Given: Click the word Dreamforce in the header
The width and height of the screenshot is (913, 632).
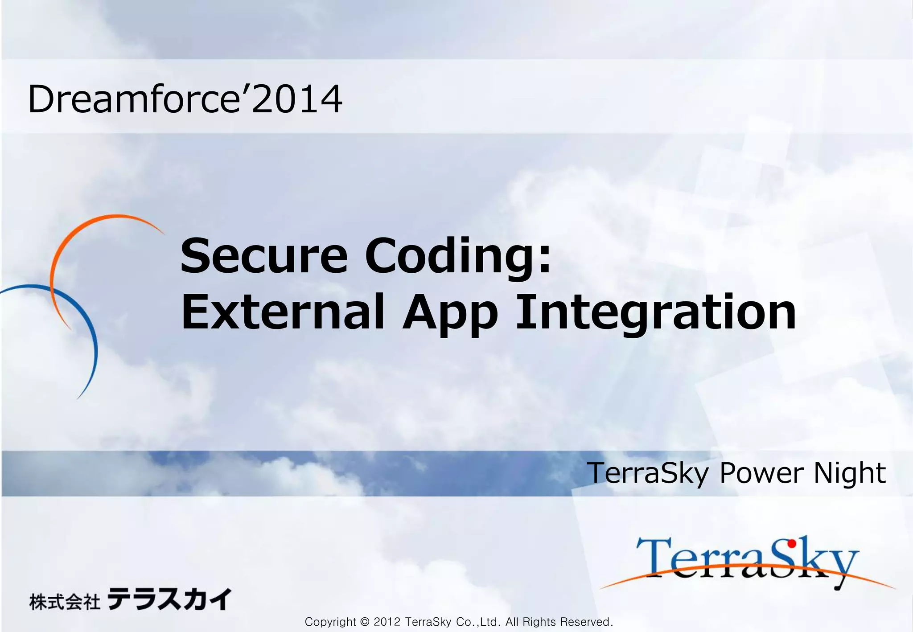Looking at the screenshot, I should click(134, 99).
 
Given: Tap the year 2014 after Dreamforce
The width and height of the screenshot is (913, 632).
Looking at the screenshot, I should click(297, 99).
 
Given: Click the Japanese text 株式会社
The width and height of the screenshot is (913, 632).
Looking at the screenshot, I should click(65, 602).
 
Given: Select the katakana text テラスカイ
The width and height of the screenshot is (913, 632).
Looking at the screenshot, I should click(169, 599).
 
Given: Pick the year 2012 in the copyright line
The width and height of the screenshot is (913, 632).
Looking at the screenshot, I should click(387, 622).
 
